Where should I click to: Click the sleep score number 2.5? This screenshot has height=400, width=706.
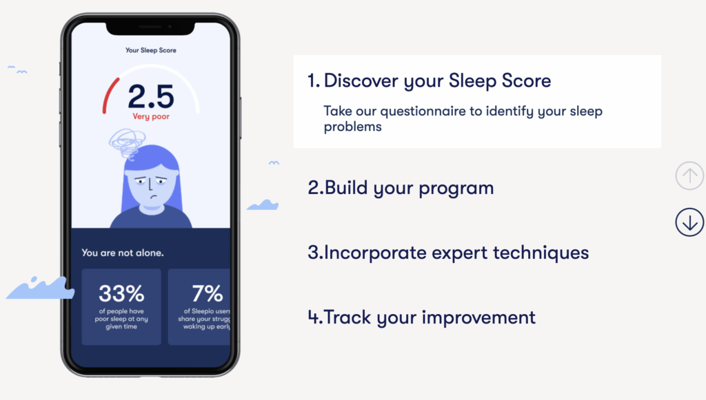[x=151, y=96]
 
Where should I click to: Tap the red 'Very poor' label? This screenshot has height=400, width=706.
[x=151, y=116]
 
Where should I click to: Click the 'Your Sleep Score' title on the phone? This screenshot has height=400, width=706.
[x=151, y=50]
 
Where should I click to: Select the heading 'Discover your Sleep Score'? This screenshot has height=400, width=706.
[x=437, y=81]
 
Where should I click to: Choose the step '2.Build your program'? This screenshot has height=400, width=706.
[x=401, y=188]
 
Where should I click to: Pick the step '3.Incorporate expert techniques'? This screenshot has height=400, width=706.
[x=448, y=253]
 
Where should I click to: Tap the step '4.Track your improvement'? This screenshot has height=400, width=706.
[x=421, y=317]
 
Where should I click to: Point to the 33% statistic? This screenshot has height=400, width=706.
[x=121, y=293]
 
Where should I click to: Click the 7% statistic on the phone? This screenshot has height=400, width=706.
[x=208, y=293]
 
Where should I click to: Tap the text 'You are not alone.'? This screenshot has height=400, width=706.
[x=123, y=253]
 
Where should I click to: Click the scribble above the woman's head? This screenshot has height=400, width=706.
[x=127, y=143]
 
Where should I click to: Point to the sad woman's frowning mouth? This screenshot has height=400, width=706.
[x=154, y=197]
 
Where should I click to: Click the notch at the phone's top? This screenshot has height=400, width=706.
[x=150, y=28]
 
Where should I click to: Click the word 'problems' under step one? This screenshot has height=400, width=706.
[x=352, y=127]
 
